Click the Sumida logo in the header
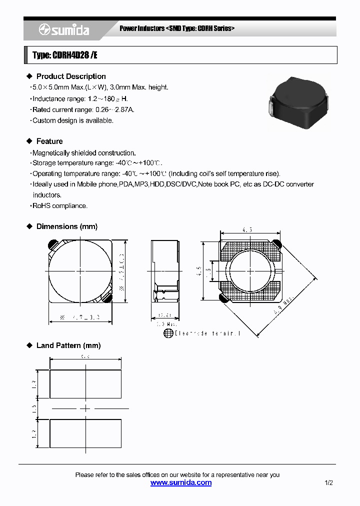[x=64, y=30]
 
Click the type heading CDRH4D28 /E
[x=65, y=55]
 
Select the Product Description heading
[x=71, y=76]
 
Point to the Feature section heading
[x=49, y=141]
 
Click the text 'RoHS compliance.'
[x=60, y=205]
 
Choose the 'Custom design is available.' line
[x=73, y=120]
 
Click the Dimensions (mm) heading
[x=67, y=226]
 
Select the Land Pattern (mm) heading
[x=68, y=345]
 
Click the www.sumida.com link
[x=181, y=482]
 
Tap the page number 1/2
[x=328, y=483]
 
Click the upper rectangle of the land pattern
[x=85, y=384]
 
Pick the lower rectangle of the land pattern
[x=85, y=433]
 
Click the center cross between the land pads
[x=85, y=408]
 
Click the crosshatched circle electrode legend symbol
[x=168, y=333]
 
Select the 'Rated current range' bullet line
[x=83, y=109]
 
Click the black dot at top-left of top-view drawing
[x=51, y=244]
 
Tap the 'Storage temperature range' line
[x=97, y=163]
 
